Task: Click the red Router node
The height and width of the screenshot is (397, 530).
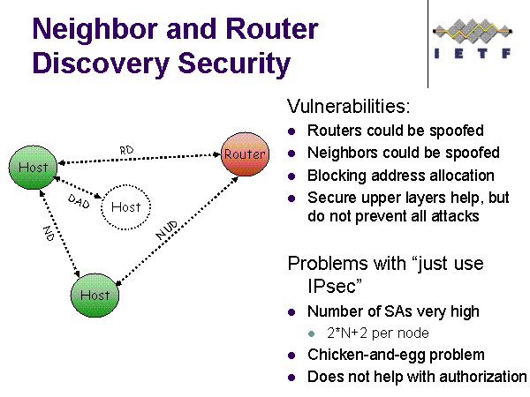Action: (x=245, y=154)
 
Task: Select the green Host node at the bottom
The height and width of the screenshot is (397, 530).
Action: (x=95, y=295)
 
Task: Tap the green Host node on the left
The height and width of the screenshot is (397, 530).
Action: (x=33, y=166)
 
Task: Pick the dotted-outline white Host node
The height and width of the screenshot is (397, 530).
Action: (x=126, y=206)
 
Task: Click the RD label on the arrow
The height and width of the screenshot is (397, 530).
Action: (x=126, y=150)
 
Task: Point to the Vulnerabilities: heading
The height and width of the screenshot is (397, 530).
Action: (x=349, y=107)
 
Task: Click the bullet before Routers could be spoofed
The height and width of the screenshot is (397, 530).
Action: (x=293, y=131)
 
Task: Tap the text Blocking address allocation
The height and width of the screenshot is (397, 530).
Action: (x=400, y=175)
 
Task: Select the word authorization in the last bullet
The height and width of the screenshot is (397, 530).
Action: (x=483, y=377)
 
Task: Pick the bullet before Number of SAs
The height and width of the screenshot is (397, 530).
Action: (x=293, y=312)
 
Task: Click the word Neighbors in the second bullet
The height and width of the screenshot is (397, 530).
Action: (x=339, y=153)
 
